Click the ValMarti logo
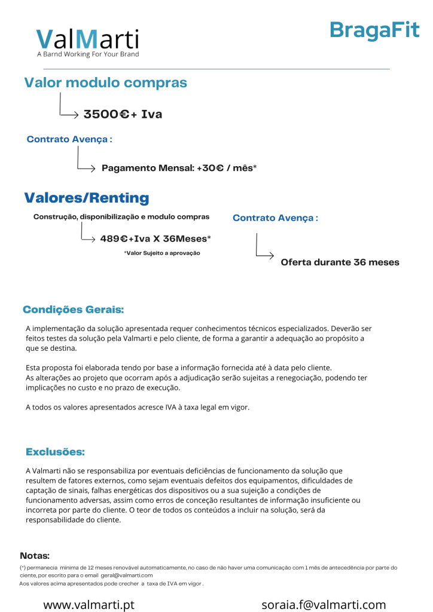[x=87, y=39]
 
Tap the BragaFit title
[x=374, y=29]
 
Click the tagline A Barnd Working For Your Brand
[x=88, y=54]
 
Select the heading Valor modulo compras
[x=105, y=83]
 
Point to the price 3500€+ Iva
[x=123, y=114]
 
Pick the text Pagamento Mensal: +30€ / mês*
[x=179, y=169]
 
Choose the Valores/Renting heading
[x=87, y=198]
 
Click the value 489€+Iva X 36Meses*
[x=155, y=238]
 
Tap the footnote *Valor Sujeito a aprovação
[x=161, y=253]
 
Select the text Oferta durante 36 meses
[x=340, y=262]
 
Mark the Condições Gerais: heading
[x=74, y=310]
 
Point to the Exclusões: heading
[x=55, y=451]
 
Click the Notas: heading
[x=35, y=556]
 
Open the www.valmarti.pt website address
[x=89, y=605]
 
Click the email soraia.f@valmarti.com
[x=324, y=605]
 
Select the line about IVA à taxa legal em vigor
[x=138, y=407]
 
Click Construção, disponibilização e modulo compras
[x=121, y=217]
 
